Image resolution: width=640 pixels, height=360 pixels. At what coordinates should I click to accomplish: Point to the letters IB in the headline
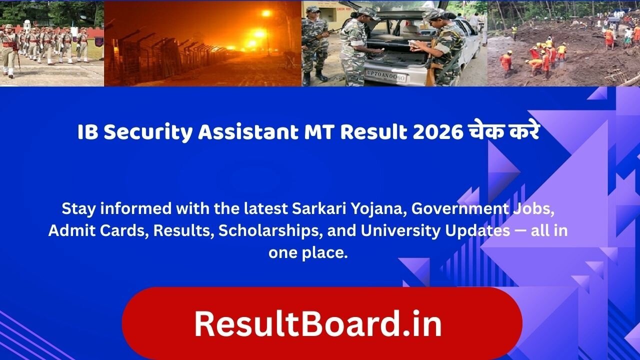87,133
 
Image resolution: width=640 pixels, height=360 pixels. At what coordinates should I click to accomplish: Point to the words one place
307,252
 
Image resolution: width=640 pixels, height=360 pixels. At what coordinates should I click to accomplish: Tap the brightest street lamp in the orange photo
259,34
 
